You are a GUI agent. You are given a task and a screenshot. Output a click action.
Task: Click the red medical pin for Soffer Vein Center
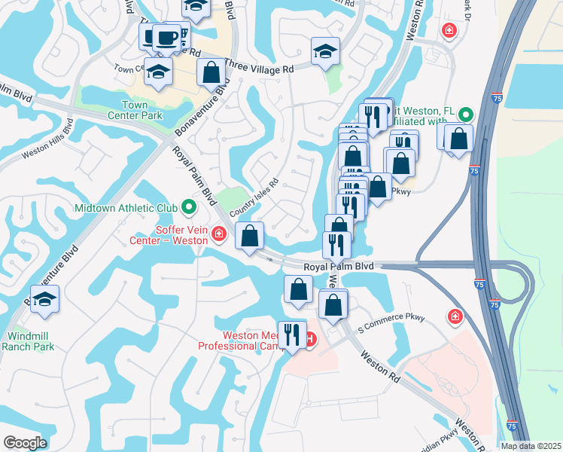(x=219, y=234)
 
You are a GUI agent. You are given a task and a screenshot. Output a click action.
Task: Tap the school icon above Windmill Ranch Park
(x=45, y=299)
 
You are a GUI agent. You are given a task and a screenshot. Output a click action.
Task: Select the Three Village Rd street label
(x=259, y=69)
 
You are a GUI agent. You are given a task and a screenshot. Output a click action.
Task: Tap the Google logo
(x=25, y=443)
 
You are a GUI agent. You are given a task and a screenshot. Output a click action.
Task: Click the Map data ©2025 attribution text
(x=531, y=446)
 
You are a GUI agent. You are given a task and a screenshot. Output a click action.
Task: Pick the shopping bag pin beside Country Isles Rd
(x=250, y=236)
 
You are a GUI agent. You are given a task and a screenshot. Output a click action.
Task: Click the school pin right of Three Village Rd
(x=326, y=52)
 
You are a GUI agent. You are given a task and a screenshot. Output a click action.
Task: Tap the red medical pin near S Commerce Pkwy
(x=455, y=316)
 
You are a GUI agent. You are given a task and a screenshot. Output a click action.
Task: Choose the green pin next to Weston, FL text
(x=466, y=115)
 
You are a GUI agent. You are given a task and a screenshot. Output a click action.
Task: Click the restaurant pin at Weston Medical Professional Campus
(x=290, y=334)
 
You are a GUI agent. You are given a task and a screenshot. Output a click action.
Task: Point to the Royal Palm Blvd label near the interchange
(x=339, y=267)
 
